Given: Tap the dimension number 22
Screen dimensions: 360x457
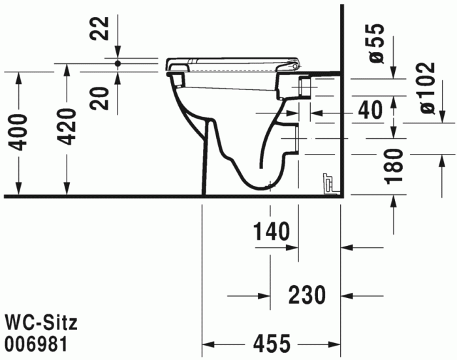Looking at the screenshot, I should (99, 29).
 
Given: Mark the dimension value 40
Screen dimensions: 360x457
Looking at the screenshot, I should (370, 110).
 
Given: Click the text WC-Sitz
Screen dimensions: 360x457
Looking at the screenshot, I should (41, 322).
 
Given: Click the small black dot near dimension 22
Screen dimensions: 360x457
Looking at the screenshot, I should (118, 63).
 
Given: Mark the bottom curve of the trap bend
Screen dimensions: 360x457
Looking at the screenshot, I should (255, 185).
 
